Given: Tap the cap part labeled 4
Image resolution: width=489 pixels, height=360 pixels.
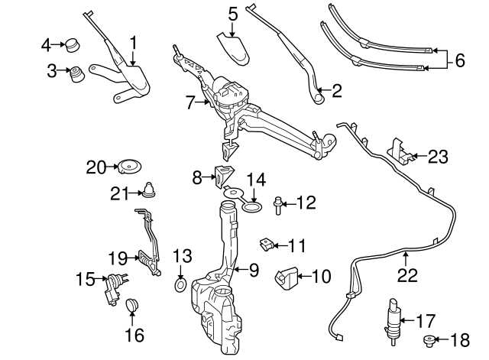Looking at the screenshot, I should click(x=73, y=44).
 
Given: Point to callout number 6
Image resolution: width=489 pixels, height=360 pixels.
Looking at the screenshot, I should click(x=458, y=60).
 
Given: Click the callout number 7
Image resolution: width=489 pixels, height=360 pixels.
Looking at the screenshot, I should click(x=191, y=100).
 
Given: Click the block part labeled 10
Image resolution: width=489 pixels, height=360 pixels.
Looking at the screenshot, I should click(x=288, y=277).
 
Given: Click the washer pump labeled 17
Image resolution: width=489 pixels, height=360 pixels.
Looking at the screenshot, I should click(x=393, y=319).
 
